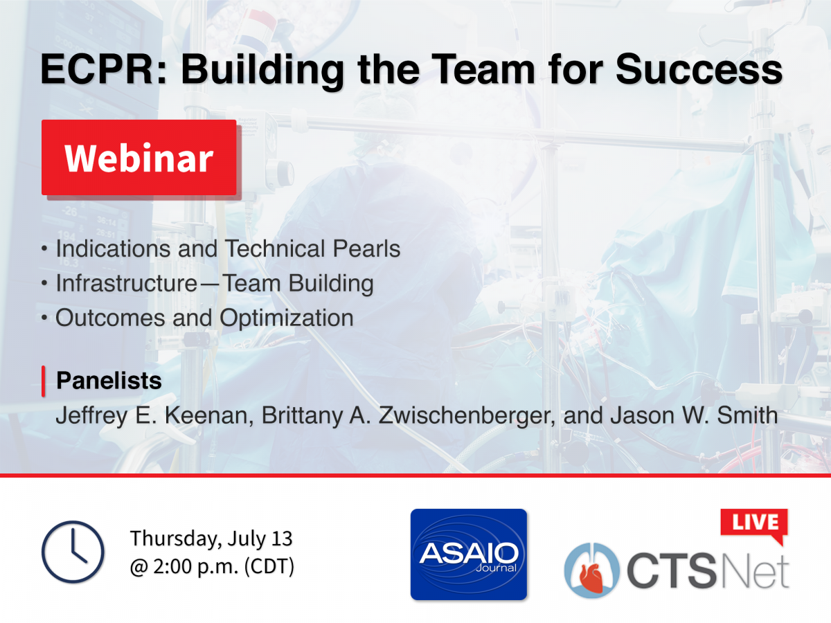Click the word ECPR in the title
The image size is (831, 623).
[97, 69]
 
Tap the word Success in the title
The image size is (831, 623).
[699, 69]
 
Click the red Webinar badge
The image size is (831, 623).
[139, 157]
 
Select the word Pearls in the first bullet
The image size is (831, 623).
[366, 249]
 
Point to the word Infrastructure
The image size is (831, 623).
[127, 283]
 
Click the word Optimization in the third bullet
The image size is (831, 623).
[287, 318]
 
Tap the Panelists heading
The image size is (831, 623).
[109, 380]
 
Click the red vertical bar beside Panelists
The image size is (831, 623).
[44, 381]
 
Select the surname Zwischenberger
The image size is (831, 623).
[467, 416]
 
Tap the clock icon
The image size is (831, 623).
[73, 552]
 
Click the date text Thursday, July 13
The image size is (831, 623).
[211, 539]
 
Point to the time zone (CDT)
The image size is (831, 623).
[269, 566]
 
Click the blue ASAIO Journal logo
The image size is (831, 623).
[469, 554]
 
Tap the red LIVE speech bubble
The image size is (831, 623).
[754, 525]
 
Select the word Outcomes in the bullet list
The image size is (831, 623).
[110, 318]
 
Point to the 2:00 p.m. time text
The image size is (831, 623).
[196, 567]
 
